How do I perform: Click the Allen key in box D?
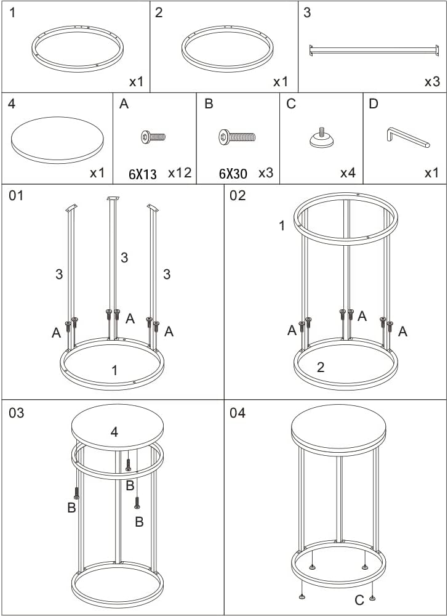point(408,137)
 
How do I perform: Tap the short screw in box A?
point(153,137)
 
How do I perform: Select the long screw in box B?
point(237,137)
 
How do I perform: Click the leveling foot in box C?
point(322,138)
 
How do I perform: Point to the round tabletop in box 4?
point(57,140)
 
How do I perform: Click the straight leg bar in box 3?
point(374,51)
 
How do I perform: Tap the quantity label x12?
point(180,173)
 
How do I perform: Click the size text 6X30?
point(233,173)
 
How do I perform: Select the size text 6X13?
point(142,174)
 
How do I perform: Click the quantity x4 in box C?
point(348,173)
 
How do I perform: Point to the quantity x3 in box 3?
point(433,82)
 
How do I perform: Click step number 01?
point(16,195)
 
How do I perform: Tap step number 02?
point(238,195)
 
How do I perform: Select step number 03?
point(16,413)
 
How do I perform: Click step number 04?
point(238,413)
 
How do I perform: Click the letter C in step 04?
point(359,600)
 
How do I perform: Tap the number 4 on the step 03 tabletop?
point(114,432)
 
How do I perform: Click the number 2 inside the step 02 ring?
point(321,367)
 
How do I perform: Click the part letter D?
point(374,104)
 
